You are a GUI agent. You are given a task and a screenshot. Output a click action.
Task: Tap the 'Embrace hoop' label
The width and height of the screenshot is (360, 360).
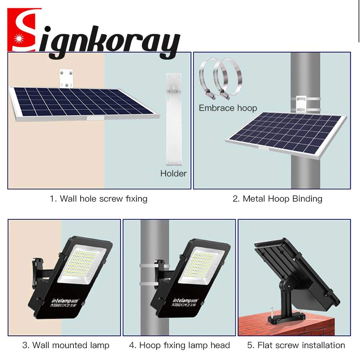pyautogui.click(x=228, y=108)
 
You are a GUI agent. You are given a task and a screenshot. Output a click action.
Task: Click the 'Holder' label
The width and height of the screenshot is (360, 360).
pyautogui.click(x=174, y=174)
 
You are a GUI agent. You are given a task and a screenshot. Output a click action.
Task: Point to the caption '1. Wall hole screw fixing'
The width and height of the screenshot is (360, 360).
pyautogui.click(x=99, y=198)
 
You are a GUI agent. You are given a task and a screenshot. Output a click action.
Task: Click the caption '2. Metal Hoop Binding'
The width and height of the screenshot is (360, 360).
pyautogui.click(x=277, y=198)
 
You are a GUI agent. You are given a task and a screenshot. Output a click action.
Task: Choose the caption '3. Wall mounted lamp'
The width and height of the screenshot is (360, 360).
pyautogui.click(x=66, y=345)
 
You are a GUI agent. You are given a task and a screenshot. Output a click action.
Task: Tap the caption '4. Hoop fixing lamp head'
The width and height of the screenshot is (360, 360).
pyautogui.click(x=179, y=345)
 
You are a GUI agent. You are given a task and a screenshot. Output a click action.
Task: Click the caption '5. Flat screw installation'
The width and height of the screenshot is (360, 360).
pyautogui.click(x=296, y=345)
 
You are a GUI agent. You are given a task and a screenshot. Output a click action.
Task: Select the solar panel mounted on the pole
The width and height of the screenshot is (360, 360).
pyautogui.click(x=286, y=133)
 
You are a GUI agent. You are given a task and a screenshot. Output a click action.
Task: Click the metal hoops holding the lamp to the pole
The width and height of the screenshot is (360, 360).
pyautogui.click(x=146, y=275)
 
